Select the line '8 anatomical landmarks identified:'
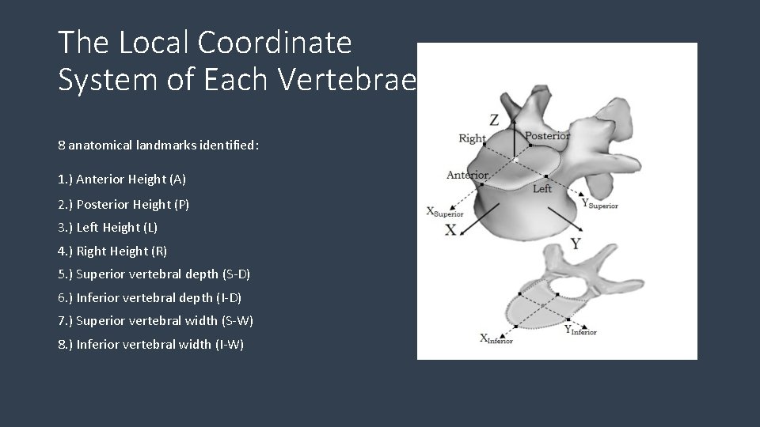158,145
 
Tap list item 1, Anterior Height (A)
122,179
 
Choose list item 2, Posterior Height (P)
123,204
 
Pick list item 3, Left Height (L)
108,228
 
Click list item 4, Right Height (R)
112,251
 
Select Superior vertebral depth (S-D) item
154,274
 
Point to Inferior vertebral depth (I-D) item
150,297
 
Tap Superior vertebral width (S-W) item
156,321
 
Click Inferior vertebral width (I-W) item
151,344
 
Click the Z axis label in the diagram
494,120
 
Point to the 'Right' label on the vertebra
473,138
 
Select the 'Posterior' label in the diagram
547,136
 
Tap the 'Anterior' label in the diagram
467,175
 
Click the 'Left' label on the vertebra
542,189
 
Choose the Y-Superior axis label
599,204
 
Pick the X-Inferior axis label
496,338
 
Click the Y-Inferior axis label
579,330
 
